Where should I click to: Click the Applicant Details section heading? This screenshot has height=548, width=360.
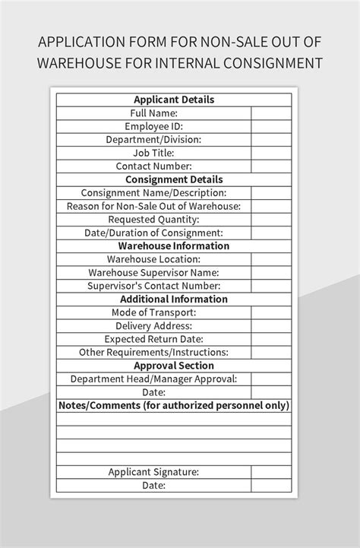click(x=174, y=100)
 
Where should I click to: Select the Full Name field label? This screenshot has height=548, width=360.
click(x=153, y=112)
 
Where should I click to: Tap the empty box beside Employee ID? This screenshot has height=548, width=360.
click(x=271, y=126)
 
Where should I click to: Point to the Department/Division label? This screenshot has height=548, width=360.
click(x=153, y=139)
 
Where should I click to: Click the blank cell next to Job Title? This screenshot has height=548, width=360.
click(x=271, y=152)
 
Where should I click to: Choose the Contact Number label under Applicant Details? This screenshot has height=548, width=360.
click(x=153, y=166)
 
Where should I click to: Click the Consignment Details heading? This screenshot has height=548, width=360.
click(x=174, y=179)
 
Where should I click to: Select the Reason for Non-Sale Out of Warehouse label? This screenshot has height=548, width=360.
click(x=153, y=206)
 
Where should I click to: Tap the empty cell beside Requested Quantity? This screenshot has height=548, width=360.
click(x=271, y=219)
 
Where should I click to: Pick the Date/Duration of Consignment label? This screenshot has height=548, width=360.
click(x=153, y=233)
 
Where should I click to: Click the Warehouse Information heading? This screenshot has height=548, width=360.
click(x=174, y=245)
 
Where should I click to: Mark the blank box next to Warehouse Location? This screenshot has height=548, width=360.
click(x=271, y=259)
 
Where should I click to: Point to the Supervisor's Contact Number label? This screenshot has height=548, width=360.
click(x=153, y=286)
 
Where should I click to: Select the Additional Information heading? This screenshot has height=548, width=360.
click(x=174, y=299)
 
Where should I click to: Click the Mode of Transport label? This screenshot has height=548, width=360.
click(x=153, y=312)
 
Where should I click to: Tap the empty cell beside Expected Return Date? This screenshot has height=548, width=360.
click(x=271, y=339)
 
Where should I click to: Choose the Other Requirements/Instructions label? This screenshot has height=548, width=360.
click(x=153, y=352)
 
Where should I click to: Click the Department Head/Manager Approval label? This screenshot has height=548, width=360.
click(x=153, y=379)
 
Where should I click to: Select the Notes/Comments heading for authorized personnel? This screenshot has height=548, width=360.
click(x=174, y=406)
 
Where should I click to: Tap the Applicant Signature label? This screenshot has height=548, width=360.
click(x=153, y=472)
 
